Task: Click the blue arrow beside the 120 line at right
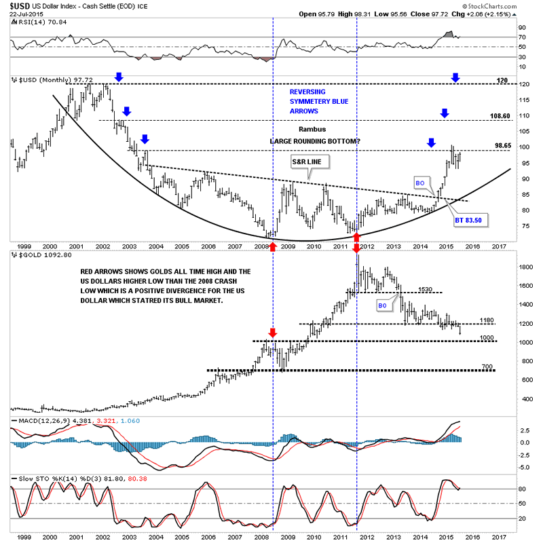pos(455,78)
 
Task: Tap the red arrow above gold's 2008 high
pos(272,333)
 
